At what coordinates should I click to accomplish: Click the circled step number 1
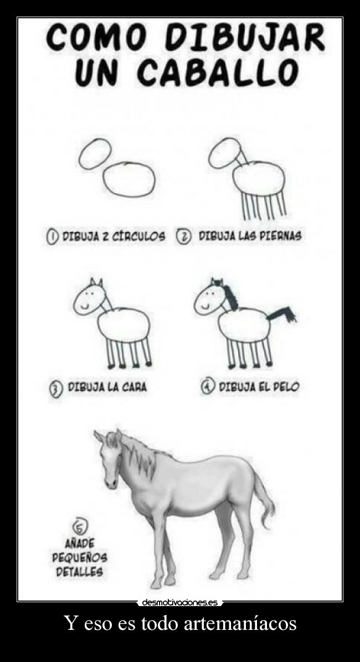point(52,237)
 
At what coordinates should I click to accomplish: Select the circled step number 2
point(183,236)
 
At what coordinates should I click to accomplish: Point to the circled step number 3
point(55,389)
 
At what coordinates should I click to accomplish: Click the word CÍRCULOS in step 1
point(138,237)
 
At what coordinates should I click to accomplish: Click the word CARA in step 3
point(135,387)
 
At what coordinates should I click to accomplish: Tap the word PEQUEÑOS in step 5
point(80,557)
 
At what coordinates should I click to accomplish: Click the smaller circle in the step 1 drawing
point(96,153)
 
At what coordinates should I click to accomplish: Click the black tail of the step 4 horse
point(282,314)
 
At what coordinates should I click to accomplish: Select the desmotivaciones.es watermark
point(180,602)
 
